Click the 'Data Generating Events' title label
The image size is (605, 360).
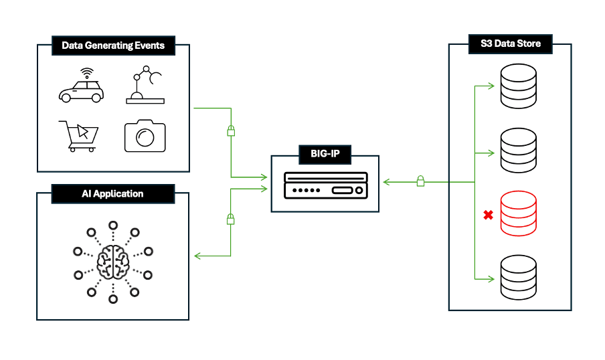pos(113,46)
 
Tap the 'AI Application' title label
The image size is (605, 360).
pos(113,194)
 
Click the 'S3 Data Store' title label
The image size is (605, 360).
pos(510,45)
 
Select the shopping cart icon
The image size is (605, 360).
pos(79,136)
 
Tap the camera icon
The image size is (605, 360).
pos(145,136)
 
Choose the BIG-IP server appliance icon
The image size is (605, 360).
pos(325,185)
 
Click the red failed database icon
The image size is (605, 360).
pos(519,215)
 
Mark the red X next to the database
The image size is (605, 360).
pos(488,215)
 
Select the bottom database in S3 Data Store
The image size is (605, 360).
pos(519,278)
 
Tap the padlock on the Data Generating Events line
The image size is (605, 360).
pos(231,130)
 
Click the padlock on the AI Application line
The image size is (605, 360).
pos(231,218)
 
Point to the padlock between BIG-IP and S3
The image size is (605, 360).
pos(420,181)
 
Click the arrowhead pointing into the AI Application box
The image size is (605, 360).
pos(197,255)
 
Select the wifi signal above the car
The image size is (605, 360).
pos(86,72)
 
